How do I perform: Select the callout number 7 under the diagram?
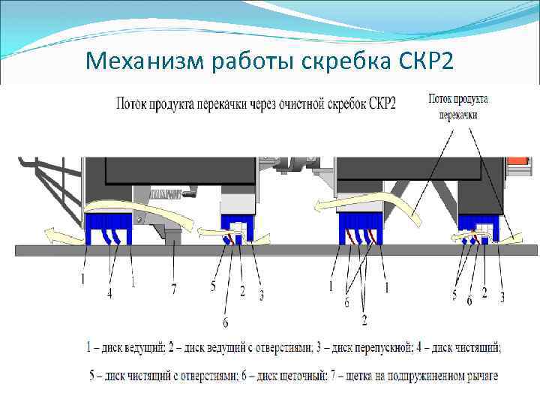pos(174,288)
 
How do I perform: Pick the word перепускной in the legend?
pos(388,348)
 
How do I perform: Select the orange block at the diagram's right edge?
pos(517,161)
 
